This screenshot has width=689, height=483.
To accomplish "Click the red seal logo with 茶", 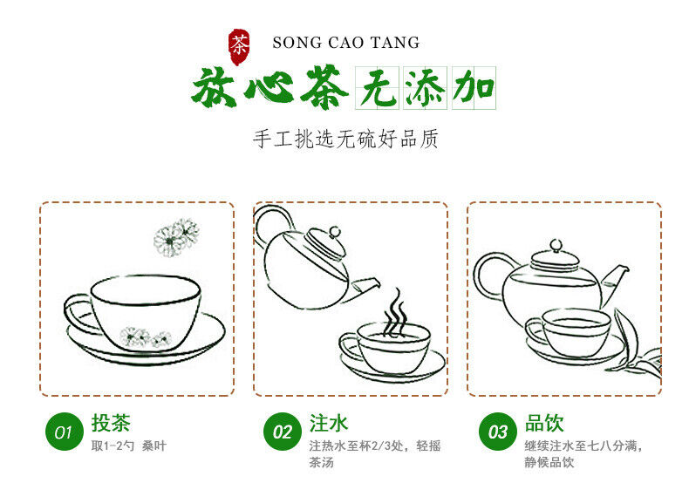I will pyautogui.click(x=239, y=44).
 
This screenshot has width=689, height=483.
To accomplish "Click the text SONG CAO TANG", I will pyautogui.click(x=345, y=43).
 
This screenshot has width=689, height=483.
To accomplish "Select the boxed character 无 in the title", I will pyautogui.click(x=378, y=89).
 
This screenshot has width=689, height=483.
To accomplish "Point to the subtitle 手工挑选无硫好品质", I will pyautogui.click(x=345, y=138).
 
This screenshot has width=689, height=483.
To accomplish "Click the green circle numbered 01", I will pyautogui.click(x=64, y=432).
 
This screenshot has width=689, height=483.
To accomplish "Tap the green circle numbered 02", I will pyautogui.click(x=282, y=432).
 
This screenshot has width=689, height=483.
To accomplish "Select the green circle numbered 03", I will pyautogui.click(x=498, y=432).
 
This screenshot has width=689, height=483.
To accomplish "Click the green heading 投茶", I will pyautogui.click(x=111, y=424).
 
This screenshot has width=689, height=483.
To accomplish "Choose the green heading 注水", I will pyautogui.click(x=329, y=424).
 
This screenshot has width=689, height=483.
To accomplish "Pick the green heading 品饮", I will pyautogui.click(x=544, y=424).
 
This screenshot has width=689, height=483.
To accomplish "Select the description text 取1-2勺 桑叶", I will pyautogui.click(x=128, y=446).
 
